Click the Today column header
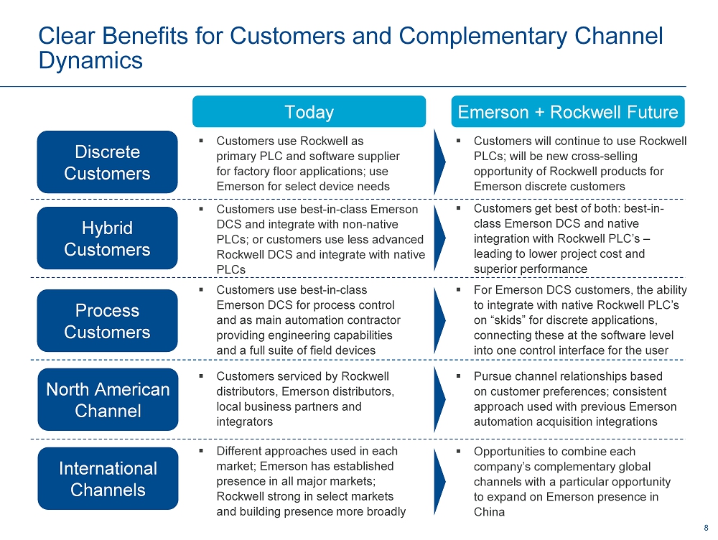click(x=309, y=111)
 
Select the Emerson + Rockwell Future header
click(x=568, y=111)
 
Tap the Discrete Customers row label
click(x=107, y=162)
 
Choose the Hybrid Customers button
click(x=107, y=238)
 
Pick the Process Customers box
click(x=107, y=320)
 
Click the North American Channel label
click(x=108, y=399)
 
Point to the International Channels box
click(x=108, y=479)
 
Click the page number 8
click(x=706, y=528)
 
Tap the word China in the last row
click(x=489, y=512)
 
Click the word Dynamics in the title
click(x=90, y=60)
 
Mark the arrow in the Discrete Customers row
click(x=439, y=162)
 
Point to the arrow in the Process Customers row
click(x=439, y=320)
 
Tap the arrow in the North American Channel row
click(x=439, y=399)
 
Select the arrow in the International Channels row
click(x=439, y=482)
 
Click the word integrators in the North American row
click(x=245, y=422)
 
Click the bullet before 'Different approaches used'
click(x=201, y=451)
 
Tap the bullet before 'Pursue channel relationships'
click(x=458, y=376)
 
